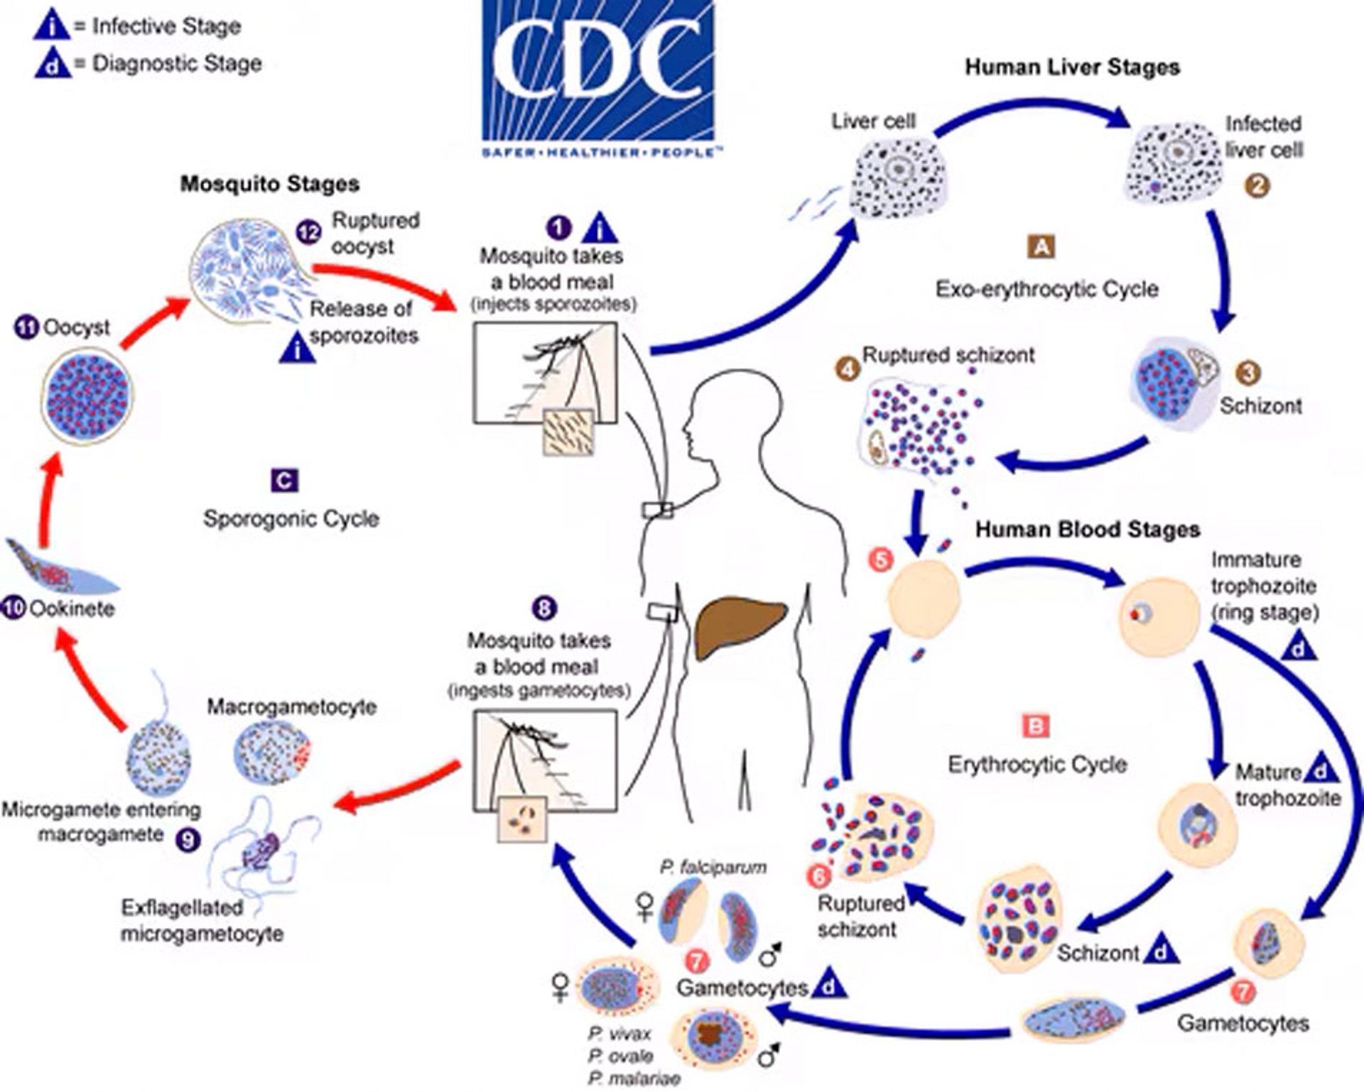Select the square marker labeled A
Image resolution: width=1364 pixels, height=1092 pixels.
pyautogui.click(x=1041, y=246)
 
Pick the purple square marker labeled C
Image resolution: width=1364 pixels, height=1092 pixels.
pyautogui.click(x=284, y=481)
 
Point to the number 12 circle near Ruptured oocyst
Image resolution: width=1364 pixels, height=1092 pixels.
pyautogui.click(x=309, y=232)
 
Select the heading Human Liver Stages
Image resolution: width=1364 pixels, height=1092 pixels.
pyautogui.click(x=1072, y=67)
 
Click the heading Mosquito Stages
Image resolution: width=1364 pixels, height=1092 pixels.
pyautogui.click(x=269, y=184)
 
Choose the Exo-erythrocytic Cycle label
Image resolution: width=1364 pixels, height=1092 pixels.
pyautogui.click(x=1046, y=290)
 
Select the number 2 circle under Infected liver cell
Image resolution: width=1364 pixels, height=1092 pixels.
pyautogui.click(x=1257, y=186)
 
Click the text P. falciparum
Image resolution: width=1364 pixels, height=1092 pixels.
pyautogui.click(x=713, y=867)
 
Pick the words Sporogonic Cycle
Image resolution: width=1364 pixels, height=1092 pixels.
pyautogui.click(x=291, y=518)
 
